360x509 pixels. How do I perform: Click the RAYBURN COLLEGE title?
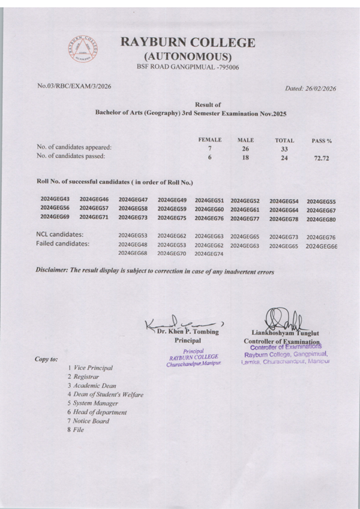188,43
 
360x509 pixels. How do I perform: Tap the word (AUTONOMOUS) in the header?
188,56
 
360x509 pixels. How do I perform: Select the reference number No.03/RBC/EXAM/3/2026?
74,86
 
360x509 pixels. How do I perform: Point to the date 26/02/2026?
317,89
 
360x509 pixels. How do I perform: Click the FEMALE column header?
210,139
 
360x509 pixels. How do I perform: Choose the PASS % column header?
322,141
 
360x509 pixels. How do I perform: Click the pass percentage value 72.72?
322,159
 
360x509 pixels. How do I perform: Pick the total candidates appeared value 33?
284,149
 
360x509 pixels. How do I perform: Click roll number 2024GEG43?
55,199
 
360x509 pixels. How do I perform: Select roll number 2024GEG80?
321,219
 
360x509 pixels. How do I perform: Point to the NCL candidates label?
59,234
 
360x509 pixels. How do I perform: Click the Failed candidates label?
62,244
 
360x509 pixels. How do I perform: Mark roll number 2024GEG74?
209,254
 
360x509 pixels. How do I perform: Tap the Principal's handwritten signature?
180,324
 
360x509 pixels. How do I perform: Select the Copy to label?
46,359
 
